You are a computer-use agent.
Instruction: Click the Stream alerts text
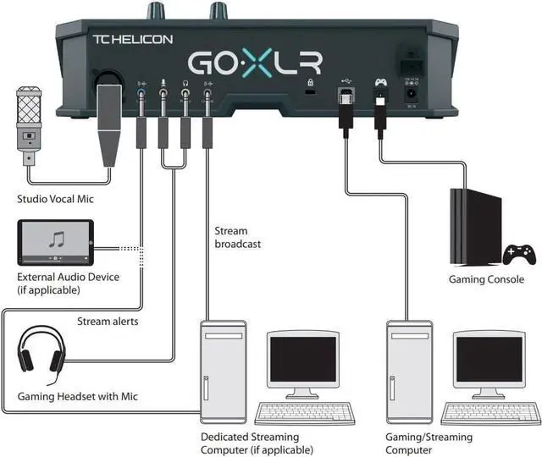(x=108, y=321)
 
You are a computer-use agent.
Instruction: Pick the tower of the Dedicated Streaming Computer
(x=224, y=373)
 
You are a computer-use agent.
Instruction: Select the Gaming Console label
(x=486, y=279)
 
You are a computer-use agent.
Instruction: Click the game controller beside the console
(x=519, y=253)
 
